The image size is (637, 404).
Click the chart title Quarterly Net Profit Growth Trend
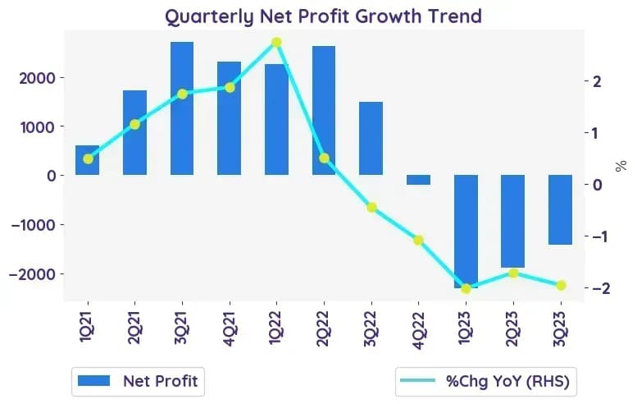click(x=323, y=16)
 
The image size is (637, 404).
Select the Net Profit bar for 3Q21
click(x=182, y=108)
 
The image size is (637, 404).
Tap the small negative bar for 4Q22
click(x=418, y=180)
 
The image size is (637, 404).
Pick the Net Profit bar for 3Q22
click(x=371, y=138)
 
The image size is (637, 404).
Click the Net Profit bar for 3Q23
click(x=561, y=210)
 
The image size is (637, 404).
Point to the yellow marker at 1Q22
click(x=276, y=43)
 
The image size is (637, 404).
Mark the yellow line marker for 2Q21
click(x=135, y=125)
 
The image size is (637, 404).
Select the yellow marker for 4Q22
click(x=418, y=240)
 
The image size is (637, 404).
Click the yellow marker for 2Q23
click(x=513, y=273)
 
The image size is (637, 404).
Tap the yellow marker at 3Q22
click(x=371, y=208)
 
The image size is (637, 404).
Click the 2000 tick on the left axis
click(x=37, y=78)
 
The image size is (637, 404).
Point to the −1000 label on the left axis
click(x=32, y=225)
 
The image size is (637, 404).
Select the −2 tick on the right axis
click(x=601, y=288)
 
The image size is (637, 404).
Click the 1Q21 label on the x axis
click(x=88, y=327)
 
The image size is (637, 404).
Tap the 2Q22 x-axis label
click(x=324, y=328)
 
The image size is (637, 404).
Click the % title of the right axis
click(x=621, y=166)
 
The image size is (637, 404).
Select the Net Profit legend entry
click(x=138, y=381)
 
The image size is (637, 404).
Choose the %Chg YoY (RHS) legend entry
click(x=485, y=381)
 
